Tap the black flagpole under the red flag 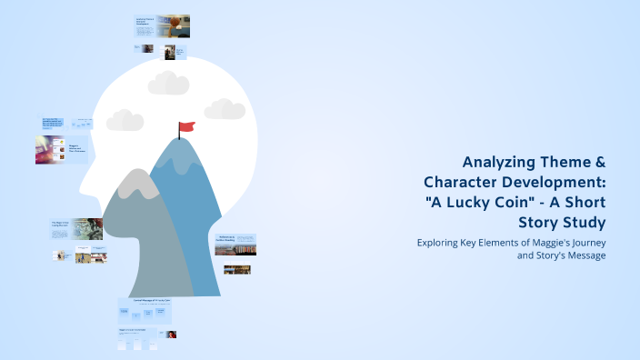pos(179,135)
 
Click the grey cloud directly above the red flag pos(168,84)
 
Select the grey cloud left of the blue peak pos(125,120)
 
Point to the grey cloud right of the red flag pos(225,109)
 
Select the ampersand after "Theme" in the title pos(598,162)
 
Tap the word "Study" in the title pos(581,221)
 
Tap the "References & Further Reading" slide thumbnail pos(235,245)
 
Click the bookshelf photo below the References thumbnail pos(236,269)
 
